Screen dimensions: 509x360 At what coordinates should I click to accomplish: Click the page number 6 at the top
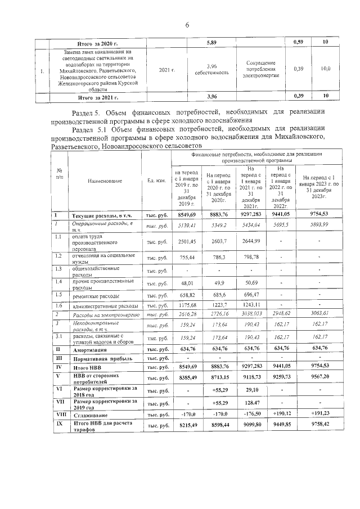[x=186, y=24]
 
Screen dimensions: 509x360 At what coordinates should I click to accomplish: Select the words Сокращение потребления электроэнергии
[x=259, y=69]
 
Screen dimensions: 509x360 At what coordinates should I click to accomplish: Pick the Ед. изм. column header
[x=156, y=181]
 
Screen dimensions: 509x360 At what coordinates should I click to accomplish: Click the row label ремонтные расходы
[x=95, y=295]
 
